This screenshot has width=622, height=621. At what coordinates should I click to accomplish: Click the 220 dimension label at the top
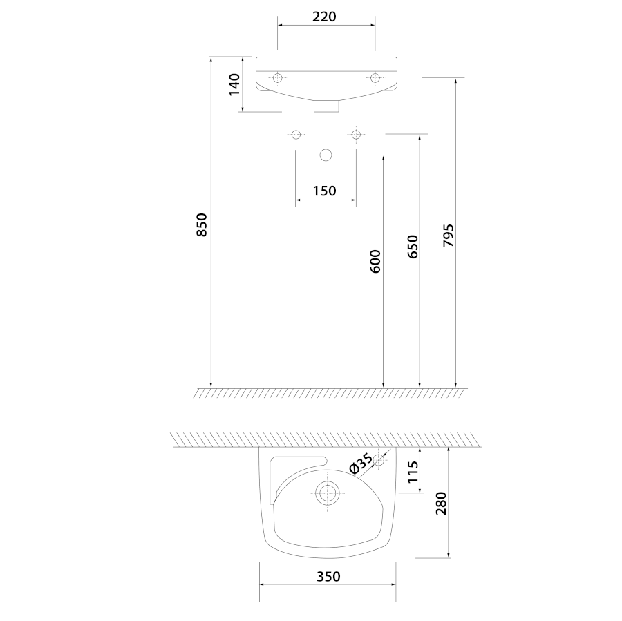324,17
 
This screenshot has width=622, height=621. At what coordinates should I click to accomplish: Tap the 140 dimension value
234,84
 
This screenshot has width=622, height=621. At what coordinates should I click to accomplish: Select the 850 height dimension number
202,225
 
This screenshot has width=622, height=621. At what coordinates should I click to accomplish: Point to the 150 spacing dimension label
325,191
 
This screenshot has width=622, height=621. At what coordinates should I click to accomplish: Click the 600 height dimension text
375,261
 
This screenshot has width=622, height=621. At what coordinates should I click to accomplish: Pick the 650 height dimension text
413,247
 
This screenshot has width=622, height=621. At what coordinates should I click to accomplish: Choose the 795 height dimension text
449,236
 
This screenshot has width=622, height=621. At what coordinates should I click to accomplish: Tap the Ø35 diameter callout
361,464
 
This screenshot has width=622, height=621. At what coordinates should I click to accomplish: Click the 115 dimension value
413,472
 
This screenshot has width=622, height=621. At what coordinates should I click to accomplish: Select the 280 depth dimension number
441,503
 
